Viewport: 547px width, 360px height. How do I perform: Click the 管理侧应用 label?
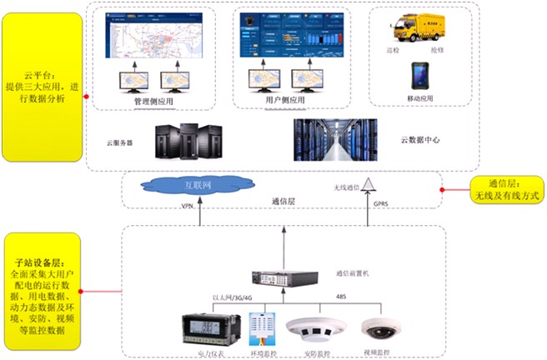point(156,101)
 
